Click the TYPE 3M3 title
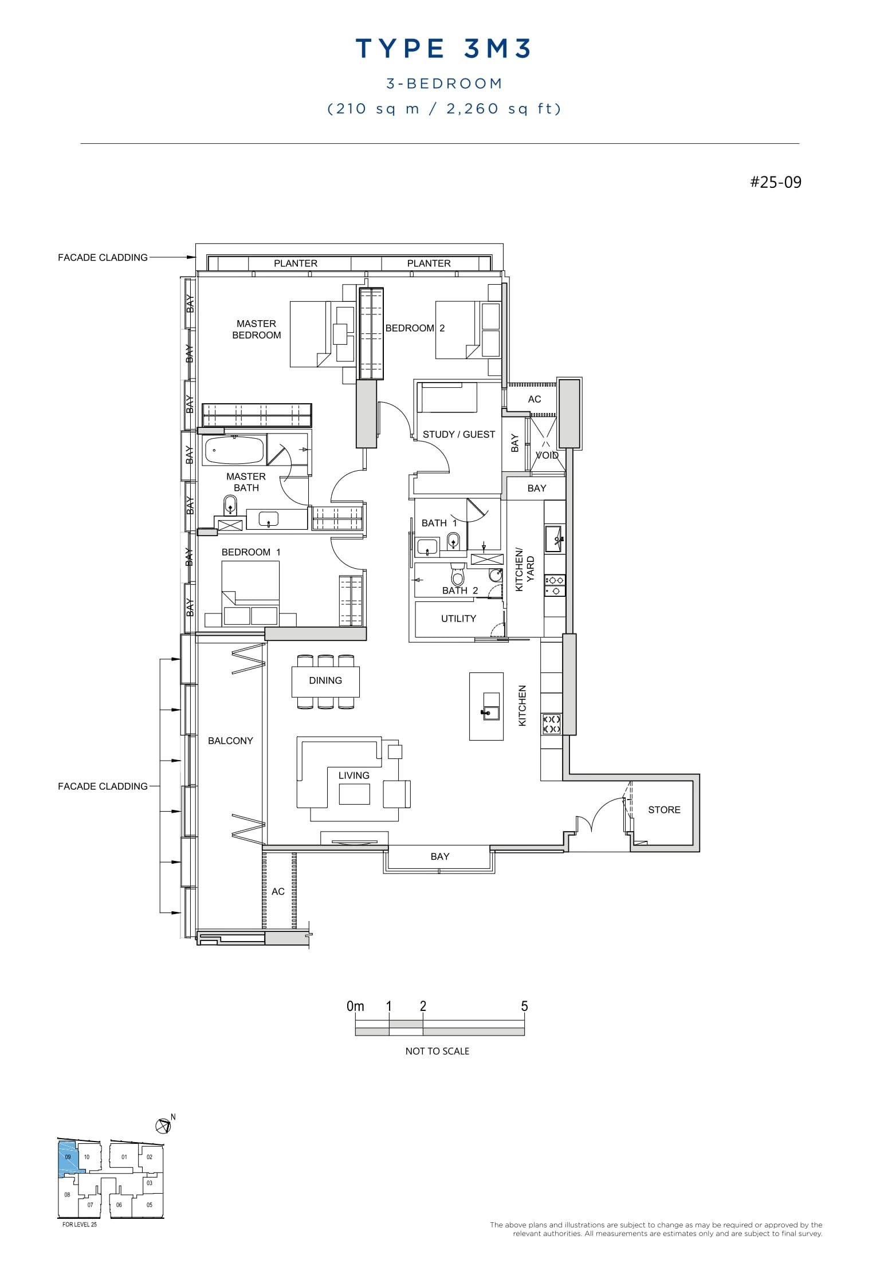pyautogui.click(x=443, y=49)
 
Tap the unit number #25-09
pyautogui.click(x=776, y=182)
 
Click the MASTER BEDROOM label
pyautogui.click(x=256, y=329)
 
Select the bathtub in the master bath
pyautogui.click(x=233, y=451)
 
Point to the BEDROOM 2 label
pyautogui.click(x=415, y=328)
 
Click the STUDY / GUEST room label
pyautogui.click(x=458, y=434)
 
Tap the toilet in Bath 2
pyautogui.click(x=458, y=574)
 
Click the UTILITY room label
pyautogui.click(x=458, y=619)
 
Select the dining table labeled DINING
pyautogui.click(x=325, y=680)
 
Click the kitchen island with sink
pyautogui.click(x=486, y=706)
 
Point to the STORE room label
pyautogui.click(x=664, y=810)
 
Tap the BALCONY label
pyautogui.click(x=230, y=741)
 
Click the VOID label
pyautogui.click(x=547, y=455)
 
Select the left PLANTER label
pyautogui.click(x=295, y=263)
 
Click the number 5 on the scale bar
pyautogui.click(x=524, y=1006)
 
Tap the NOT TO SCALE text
pyautogui.click(x=437, y=1051)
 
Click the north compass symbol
pyautogui.click(x=163, y=1126)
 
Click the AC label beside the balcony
pyautogui.click(x=278, y=891)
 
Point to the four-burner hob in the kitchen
pyautogui.click(x=551, y=724)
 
